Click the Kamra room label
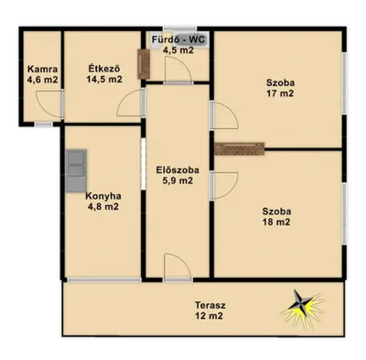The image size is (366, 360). (42, 69)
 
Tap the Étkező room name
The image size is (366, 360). (104, 68)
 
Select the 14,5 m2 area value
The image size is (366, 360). (104, 80)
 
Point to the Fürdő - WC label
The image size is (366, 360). (178, 39)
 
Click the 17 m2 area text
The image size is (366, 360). (280, 93)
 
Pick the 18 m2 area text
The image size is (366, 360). (276, 222)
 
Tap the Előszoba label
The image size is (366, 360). (178, 169)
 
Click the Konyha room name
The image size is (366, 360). (103, 196)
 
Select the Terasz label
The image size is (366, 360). (210, 305)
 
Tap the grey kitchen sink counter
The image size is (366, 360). (76, 170)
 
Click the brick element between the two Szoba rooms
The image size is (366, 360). (240, 148)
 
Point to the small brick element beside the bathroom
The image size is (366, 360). (144, 64)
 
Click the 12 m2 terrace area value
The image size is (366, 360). (209, 315)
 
